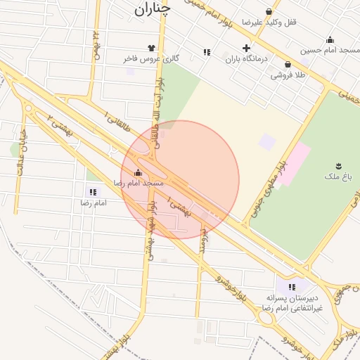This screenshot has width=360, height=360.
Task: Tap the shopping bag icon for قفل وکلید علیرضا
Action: point(269,11)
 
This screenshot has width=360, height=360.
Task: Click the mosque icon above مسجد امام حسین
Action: point(330,39)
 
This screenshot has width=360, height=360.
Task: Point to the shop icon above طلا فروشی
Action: point(288,65)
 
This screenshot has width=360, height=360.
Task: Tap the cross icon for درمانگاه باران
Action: point(245,49)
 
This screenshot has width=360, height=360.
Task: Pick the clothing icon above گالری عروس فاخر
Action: point(151,49)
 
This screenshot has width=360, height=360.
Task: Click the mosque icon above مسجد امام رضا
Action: point(138,172)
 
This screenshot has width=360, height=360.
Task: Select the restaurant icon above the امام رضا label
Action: point(93,192)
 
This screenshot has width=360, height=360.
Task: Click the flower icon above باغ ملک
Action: point(339,165)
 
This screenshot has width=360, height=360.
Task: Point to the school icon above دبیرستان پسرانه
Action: point(291,286)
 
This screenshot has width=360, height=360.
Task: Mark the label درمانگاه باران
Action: point(247,60)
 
